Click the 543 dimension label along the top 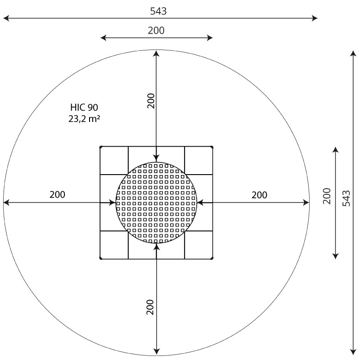click(x=158, y=11)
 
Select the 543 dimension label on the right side click(x=346, y=198)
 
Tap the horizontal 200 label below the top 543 click(x=156, y=31)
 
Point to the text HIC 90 click(x=84, y=107)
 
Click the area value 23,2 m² click(x=84, y=119)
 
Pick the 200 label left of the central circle click(x=58, y=194)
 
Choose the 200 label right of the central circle click(x=260, y=195)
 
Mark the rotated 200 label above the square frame click(x=151, y=101)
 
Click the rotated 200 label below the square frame click(x=150, y=307)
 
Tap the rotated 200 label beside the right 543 click(x=327, y=196)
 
